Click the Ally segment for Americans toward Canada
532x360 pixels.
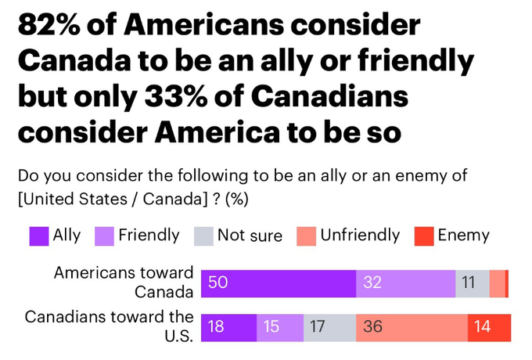tap(278, 283)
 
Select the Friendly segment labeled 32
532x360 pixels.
tap(405, 283)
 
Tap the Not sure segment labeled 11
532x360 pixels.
tap(472, 283)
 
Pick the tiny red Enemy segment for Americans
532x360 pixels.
tap(507, 283)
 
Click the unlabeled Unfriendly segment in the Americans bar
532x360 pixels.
tap(497, 283)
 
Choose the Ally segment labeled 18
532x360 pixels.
tap(228, 327)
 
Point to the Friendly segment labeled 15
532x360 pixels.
tap(279, 327)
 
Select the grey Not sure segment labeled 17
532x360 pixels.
tap(329, 327)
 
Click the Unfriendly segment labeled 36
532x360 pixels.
tap(412, 327)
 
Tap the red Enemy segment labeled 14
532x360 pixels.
tap(489, 327)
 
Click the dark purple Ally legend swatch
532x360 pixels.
tap(39, 236)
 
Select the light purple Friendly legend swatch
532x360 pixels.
tap(105, 236)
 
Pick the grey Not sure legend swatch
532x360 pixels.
tap(203, 236)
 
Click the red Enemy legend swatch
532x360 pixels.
tap(423, 236)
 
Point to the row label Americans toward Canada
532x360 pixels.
tap(123, 283)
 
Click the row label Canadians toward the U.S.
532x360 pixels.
tap(109, 326)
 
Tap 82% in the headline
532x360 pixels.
tap(54, 27)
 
